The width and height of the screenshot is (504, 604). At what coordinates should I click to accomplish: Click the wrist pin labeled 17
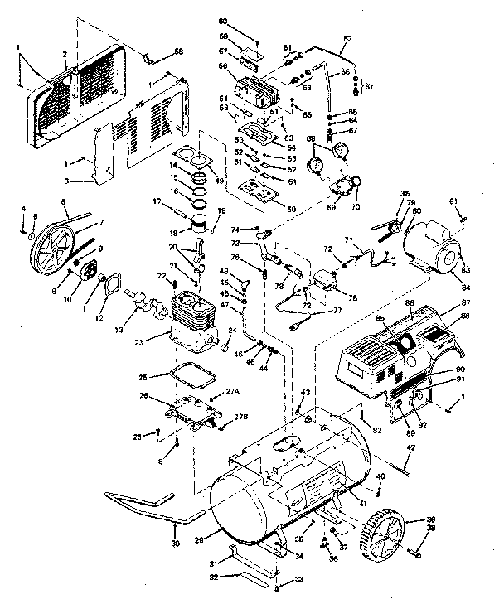tap(183, 201)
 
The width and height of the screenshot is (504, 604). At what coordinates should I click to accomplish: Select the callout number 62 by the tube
tap(347, 39)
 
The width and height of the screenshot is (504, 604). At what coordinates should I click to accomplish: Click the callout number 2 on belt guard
tap(65, 55)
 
